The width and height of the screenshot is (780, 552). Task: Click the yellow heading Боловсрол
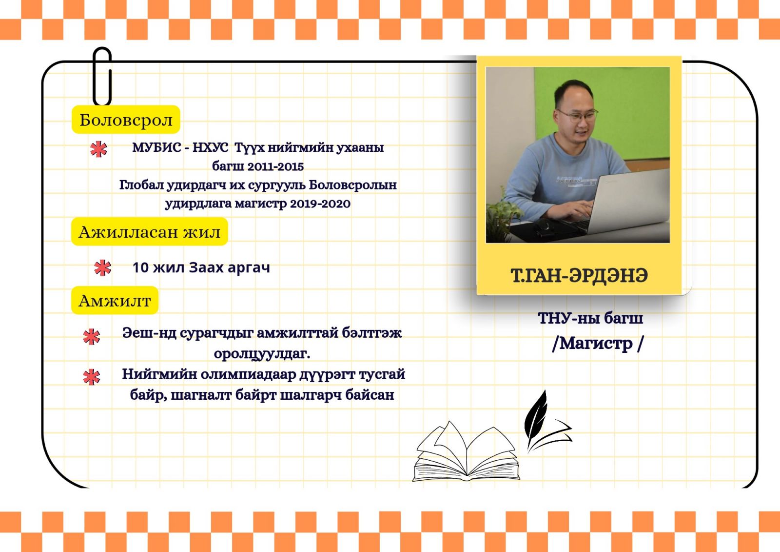[126, 120]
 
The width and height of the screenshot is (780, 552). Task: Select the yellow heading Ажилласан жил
[149, 231]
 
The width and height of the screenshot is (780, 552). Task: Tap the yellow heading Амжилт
[115, 300]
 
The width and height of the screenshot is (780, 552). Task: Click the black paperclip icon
[102, 76]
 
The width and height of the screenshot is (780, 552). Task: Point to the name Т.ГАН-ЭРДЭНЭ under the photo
[579, 275]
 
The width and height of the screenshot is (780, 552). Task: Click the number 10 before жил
[141, 267]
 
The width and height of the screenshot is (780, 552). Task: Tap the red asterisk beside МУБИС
[99, 149]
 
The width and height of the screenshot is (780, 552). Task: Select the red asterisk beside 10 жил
[103, 268]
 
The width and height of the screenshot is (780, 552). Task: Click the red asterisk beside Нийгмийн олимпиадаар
[92, 377]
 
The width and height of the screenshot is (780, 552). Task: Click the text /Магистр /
[598, 344]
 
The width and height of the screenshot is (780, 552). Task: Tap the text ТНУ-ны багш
[590, 318]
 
